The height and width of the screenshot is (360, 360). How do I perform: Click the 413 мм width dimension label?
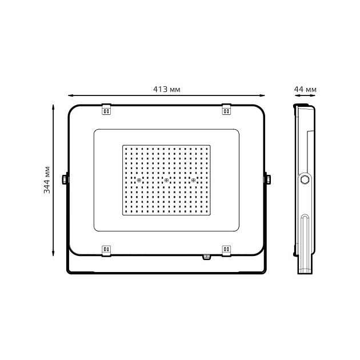coord(167,89)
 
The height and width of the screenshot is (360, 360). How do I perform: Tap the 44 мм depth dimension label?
coord(305,89)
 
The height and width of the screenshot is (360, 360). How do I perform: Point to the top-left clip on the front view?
coord(106,109)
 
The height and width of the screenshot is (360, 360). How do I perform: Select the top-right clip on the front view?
coord(226,109)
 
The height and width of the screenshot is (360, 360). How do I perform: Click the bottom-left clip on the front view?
coord(106,250)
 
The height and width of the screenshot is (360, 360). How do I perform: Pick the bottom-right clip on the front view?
coord(226,250)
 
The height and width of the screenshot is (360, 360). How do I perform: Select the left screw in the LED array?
coord(138,181)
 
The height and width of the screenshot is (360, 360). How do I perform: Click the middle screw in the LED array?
coord(166,181)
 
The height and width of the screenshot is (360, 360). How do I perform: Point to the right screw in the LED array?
coord(194,181)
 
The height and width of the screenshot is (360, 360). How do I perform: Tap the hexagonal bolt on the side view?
coord(305,179)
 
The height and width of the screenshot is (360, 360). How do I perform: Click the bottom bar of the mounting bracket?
coord(166,273)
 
